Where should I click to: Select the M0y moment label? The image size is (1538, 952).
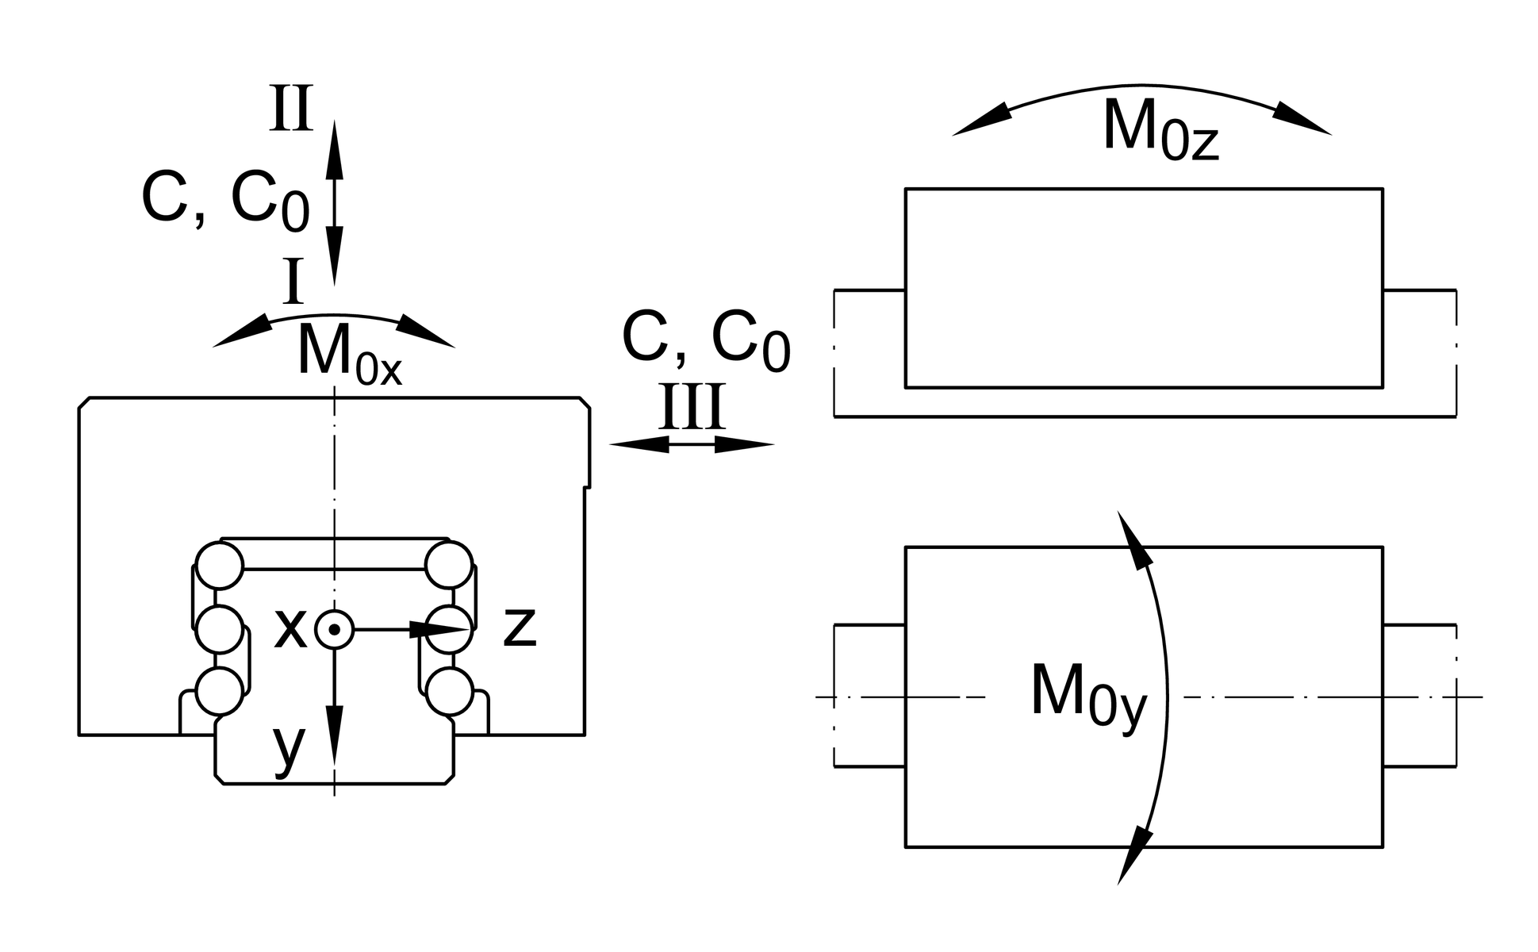pos(1088,696)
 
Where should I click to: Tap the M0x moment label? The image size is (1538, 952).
pos(349,354)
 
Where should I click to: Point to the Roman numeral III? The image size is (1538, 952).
pos(692,409)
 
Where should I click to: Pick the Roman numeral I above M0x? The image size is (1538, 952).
pos(293,282)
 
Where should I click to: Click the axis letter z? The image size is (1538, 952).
pos(520,628)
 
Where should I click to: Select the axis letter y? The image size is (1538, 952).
pos(289,747)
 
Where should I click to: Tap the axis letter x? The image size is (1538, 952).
pos(290,629)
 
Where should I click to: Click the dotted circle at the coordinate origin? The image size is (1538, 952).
pos(334,630)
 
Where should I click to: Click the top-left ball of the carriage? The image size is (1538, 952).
pos(220,565)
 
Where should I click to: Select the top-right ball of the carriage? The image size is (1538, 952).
pos(449,565)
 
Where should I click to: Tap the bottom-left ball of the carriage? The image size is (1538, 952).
pos(219,691)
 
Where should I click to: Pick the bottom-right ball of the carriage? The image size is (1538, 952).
pos(449,691)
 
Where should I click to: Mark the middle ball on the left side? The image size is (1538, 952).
pos(219,629)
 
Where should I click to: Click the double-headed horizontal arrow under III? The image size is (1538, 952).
pos(691,445)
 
